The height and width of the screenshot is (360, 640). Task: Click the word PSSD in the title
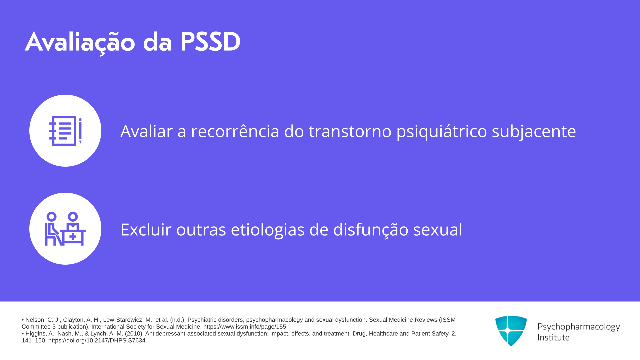[x=210, y=42]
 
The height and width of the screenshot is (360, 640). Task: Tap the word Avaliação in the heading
[x=80, y=43]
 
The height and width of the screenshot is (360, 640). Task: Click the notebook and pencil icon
[x=65, y=131]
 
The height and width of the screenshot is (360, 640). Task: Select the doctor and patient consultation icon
[x=65, y=229]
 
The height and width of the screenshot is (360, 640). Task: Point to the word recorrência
[x=235, y=131]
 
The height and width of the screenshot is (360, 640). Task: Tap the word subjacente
[x=534, y=131]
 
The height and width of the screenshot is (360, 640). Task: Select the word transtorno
[x=350, y=131]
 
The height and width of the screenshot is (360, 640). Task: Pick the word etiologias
[x=268, y=230]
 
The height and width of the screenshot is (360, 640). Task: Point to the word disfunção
[x=371, y=230]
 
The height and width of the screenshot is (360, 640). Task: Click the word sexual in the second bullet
[x=438, y=229]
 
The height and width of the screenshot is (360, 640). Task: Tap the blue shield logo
[x=511, y=331]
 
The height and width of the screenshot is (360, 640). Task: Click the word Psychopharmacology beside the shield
[x=579, y=327]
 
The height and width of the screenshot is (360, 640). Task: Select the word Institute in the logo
[x=553, y=337]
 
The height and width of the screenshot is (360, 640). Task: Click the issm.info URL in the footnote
[x=245, y=327]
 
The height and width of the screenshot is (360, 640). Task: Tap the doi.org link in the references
[x=97, y=340]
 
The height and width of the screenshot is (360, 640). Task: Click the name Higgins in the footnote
[x=35, y=333]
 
